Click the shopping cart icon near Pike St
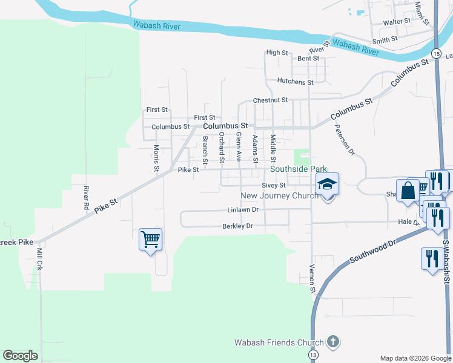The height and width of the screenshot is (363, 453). (x=150, y=238)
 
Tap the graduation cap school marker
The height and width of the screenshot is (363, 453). (x=327, y=184)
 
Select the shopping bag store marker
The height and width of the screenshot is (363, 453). (x=408, y=190)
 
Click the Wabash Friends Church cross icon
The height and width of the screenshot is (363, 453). (x=332, y=342)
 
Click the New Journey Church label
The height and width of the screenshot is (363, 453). (x=279, y=195)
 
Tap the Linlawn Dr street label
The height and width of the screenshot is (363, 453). (x=243, y=210)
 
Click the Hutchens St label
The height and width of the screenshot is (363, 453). (x=295, y=82)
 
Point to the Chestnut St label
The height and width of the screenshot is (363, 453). (x=269, y=100)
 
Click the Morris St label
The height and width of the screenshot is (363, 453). (x=156, y=158)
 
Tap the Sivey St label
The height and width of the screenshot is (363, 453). (x=273, y=186)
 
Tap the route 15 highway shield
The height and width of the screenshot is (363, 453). (x=435, y=54)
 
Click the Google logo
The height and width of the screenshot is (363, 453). (x=20, y=356)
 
